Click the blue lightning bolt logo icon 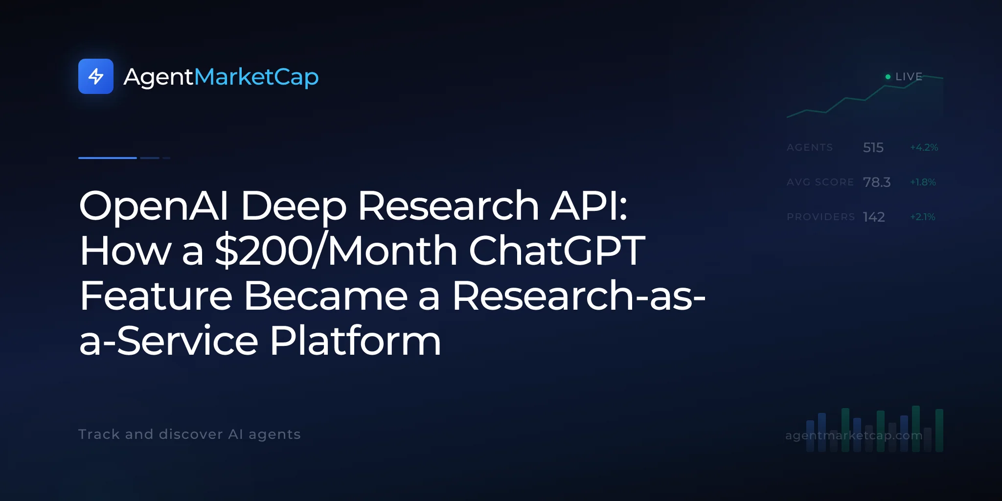click(x=96, y=76)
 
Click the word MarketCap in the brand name click(x=256, y=77)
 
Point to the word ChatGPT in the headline click(x=557, y=250)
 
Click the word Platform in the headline click(x=355, y=341)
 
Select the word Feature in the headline click(x=156, y=296)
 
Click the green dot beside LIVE click(x=888, y=77)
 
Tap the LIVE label click(x=909, y=77)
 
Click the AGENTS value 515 click(x=873, y=147)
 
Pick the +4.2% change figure click(x=924, y=147)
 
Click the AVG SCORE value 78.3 click(x=877, y=182)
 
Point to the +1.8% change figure click(x=923, y=182)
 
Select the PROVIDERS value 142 click(x=874, y=217)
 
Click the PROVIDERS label click(x=821, y=217)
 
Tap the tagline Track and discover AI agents click(x=189, y=434)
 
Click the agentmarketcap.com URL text click(x=854, y=435)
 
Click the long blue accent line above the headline click(x=108, y=158)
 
